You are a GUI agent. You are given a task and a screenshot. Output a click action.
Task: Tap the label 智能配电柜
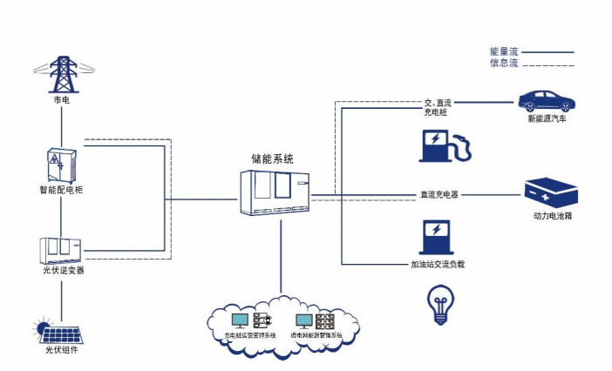60,189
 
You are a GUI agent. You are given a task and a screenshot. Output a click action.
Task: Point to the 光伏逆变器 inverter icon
61,249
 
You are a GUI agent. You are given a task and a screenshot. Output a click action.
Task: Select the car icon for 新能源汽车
547,99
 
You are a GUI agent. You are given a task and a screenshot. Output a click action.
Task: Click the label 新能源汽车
547,119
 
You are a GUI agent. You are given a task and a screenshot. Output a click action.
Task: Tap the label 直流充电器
435,194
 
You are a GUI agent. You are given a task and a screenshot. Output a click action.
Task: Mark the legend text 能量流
504,51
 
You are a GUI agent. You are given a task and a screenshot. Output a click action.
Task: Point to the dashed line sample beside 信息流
548,64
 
